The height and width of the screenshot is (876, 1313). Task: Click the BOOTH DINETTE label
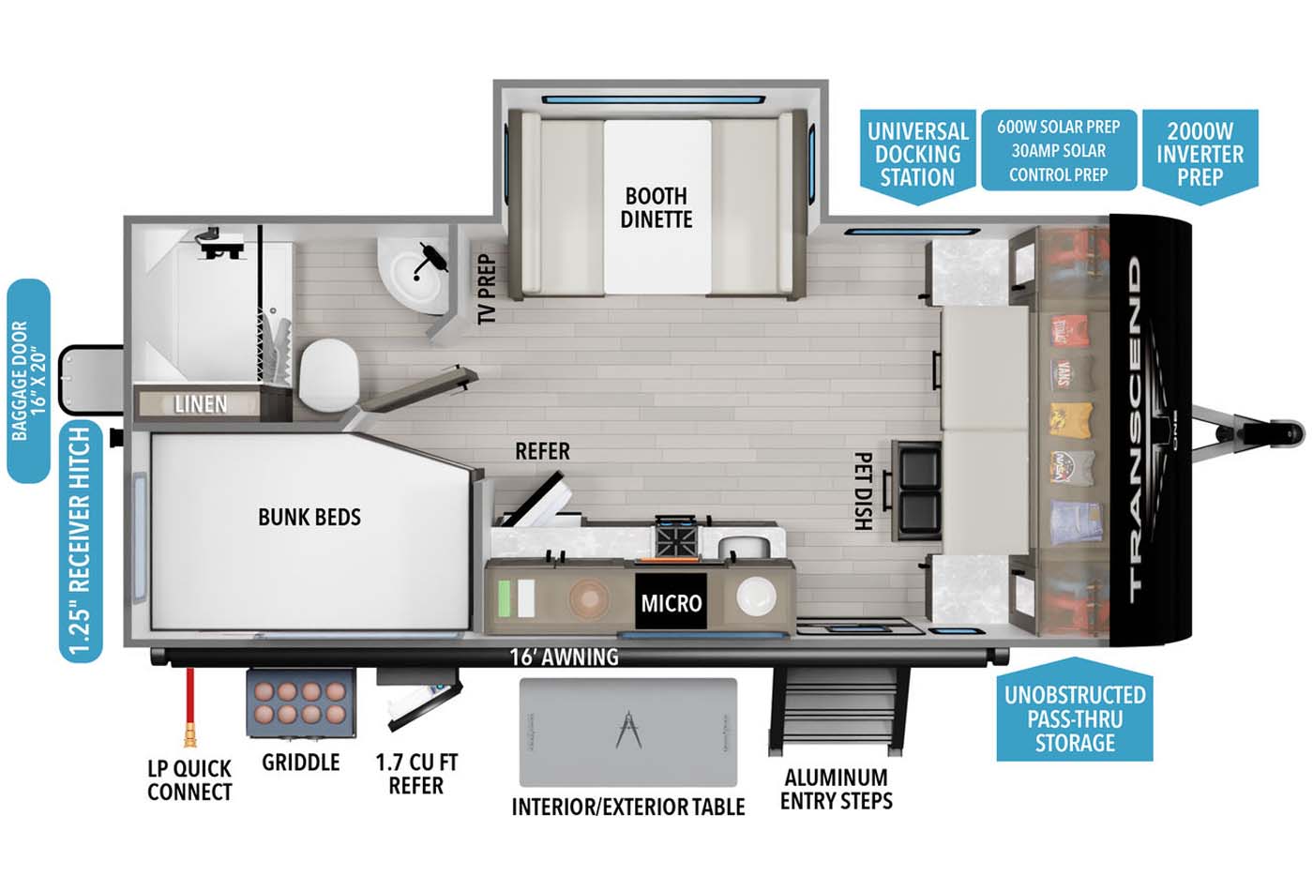pyautogui.click(x=656, y=207)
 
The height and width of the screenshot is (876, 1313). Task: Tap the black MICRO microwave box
pyautogui.click(x=671, y=602)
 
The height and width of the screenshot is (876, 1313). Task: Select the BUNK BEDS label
pyautogui.click(x=309, y=517)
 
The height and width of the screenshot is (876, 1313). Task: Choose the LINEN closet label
pyautogui.click(x=201, y=404)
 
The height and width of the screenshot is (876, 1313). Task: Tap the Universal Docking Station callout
pyautogui.click(x=917, y=154)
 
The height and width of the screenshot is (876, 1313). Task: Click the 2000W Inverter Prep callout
pyautogui.click(x=1200, y=154)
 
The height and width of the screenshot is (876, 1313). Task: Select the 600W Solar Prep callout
pyautogui.click(x=1058, y=150)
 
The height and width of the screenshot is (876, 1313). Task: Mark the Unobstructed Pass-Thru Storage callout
pyautogui.click(x=1075, y=718)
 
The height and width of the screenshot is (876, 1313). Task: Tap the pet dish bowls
pyautogui.click(x=918, y=490)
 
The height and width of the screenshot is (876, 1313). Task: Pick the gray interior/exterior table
pyautogui.click(x=628, y=732)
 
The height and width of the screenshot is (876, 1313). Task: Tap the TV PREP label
pyautogui.click(x=486, y=289)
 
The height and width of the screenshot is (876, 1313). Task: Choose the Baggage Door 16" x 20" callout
pyautogui.click(x=28, y=380)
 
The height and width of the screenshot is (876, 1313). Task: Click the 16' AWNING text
pyautogui.click(x=564, y=657)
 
